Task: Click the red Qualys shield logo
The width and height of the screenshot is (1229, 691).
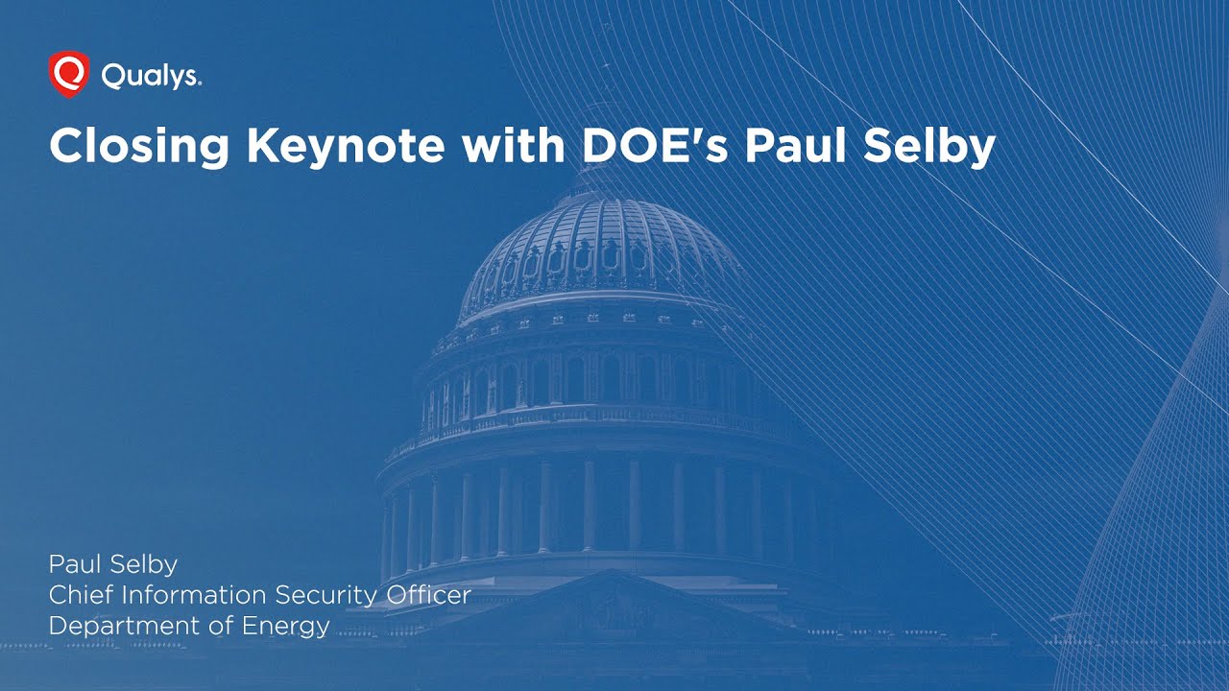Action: tap(68, 75)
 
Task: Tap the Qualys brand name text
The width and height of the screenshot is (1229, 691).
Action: tap(151, 77)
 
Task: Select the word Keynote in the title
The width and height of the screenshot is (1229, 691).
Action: tap(346, 146)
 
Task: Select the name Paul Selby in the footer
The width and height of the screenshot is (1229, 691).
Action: tap(112, 563)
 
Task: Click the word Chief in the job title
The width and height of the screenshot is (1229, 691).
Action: tap(77, 595)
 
